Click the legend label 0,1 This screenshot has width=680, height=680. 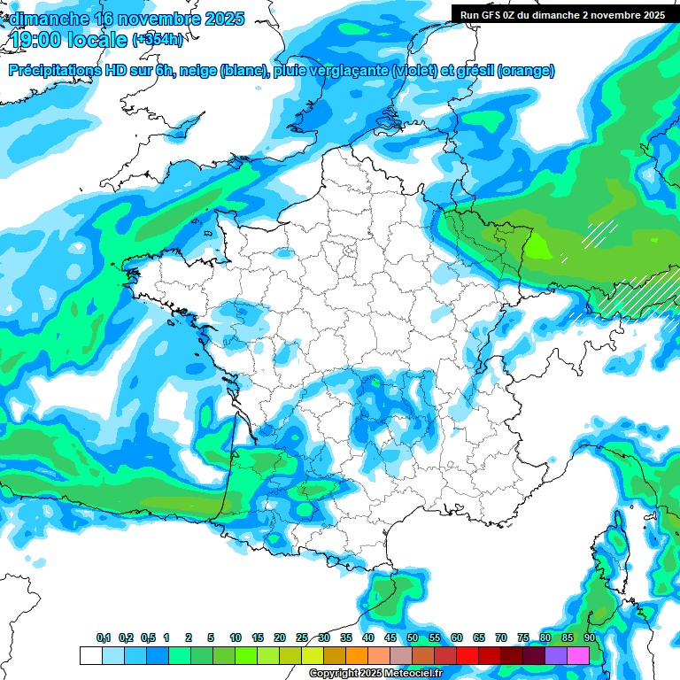click(104, 638)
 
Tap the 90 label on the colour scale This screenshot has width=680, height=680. click(590, 638)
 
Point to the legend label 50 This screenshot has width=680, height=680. click(413, 638)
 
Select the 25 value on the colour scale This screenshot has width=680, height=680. click(302, 638)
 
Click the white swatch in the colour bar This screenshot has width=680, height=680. click(90, 656)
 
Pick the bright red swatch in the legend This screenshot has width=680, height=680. click(467, 656)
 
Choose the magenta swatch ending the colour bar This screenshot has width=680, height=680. click(578, 656)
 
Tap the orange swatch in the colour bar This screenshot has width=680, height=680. click(357, 656)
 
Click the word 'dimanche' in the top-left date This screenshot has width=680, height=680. click(50, 19)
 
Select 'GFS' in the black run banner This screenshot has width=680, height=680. click(491, 15)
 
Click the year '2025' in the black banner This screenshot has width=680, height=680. click(651, 15)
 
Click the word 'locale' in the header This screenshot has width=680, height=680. click(97, 39)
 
